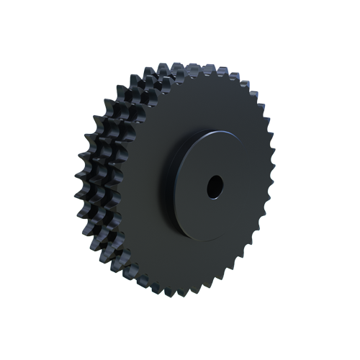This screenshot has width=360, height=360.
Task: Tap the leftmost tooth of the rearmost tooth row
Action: (x=78, y=191)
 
